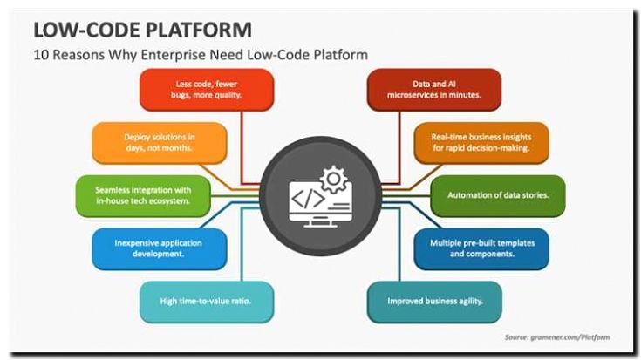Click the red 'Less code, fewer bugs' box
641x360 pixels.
coord(207,90)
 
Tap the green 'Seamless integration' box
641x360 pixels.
coord(144,195)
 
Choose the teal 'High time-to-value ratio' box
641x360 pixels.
coord(207,302)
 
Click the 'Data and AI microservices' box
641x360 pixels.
coord(433,90)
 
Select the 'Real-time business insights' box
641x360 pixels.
coord(482,143)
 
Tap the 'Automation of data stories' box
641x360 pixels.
coord(498,195)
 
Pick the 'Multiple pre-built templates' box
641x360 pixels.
coord(482,248)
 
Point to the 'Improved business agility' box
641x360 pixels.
coord(433,302)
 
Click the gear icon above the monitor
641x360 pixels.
coord(331,180)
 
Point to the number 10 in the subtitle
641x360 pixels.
coord(40,55)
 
